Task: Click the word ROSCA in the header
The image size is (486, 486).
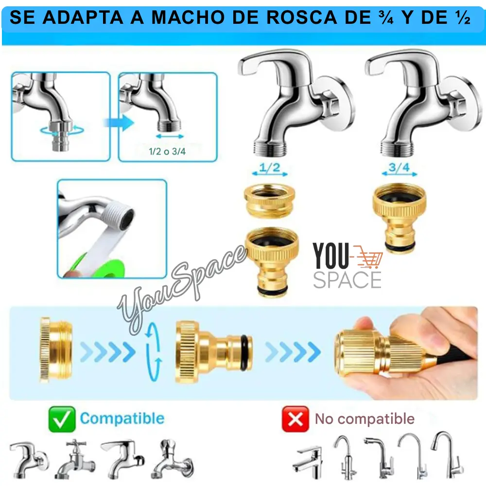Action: coord(301,17)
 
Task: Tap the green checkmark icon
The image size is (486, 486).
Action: coord(62,419)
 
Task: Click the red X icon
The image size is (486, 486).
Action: coord(295,419)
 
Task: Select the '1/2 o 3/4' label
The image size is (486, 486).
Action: coord(167,152)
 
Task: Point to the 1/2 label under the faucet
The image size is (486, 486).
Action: coord(270,168)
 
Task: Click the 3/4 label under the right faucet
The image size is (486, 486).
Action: coord(399,168)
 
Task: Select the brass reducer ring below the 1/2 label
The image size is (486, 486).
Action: coord(269,200)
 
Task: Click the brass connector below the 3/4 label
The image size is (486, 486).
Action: coord(399,217)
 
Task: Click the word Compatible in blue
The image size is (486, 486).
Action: coord(122,418)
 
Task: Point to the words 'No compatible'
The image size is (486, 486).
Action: coord(365,419)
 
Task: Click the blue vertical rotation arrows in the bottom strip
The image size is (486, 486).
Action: coord(154,352)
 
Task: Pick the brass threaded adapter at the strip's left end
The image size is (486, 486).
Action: coord(56,349)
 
